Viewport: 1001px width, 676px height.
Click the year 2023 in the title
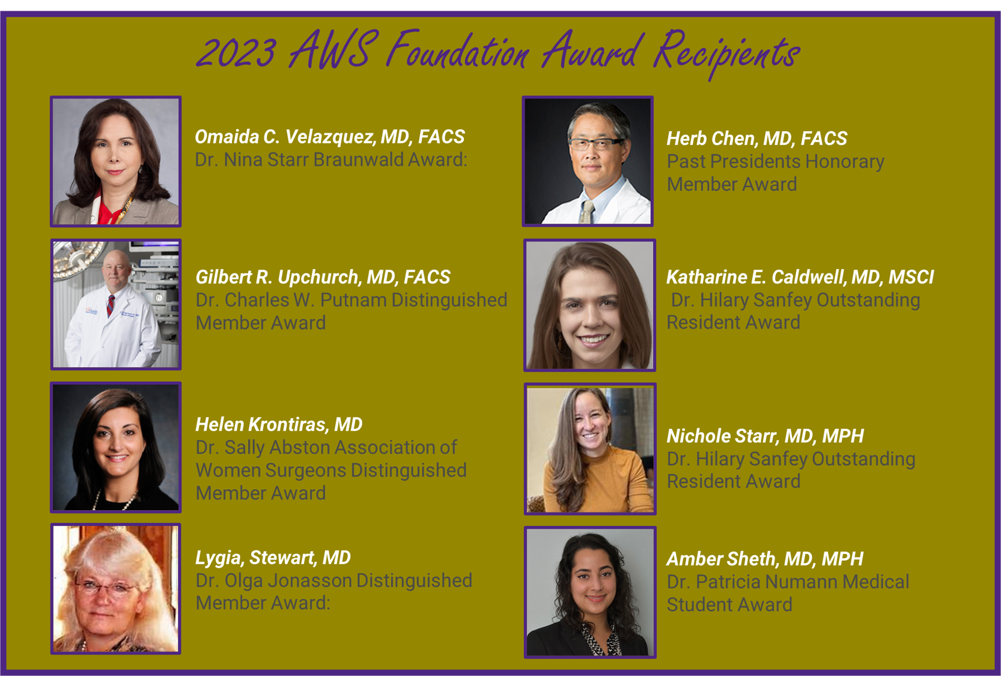[x=236, y=53]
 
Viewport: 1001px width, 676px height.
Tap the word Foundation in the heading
[x=458, y=50]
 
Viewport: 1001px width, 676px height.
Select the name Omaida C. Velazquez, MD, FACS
[x=330, y=137]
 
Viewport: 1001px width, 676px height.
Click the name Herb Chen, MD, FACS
[x=756, y=139]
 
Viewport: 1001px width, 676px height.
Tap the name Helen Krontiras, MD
[x=279, y=424]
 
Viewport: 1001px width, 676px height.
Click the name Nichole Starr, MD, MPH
[x=765, y=436]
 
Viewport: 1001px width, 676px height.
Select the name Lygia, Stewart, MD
[x=273, y=558]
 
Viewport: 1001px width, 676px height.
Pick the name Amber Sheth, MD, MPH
[x=765, y=559]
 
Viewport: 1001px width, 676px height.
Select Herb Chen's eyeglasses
[x=595, y=144]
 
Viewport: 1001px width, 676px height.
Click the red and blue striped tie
[x=110, y=305]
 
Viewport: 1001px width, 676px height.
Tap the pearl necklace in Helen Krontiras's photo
[x=115, y=500]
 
